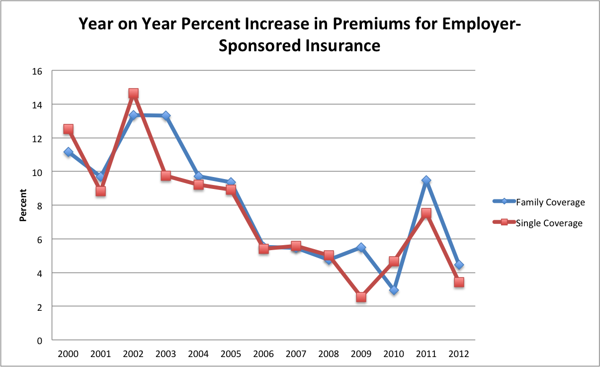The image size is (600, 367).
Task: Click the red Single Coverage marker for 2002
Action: [133, 93]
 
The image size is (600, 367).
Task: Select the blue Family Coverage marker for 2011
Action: [427, 181]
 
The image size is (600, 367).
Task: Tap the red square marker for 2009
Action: [361, 297]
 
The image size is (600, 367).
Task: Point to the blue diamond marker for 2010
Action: [394, 290]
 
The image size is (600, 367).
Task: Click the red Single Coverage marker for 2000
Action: [68, 129]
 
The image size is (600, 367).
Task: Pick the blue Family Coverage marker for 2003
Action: [166, 116]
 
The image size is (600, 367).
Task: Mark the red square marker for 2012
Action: [459, 282]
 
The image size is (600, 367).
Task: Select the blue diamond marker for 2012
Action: [459, 265]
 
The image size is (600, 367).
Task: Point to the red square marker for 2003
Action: [166, 176]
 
